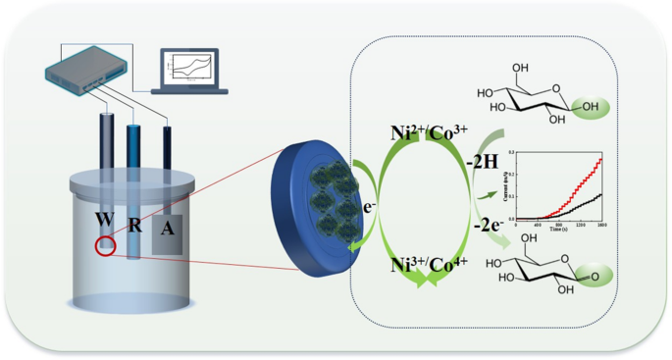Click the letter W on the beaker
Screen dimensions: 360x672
103,218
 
